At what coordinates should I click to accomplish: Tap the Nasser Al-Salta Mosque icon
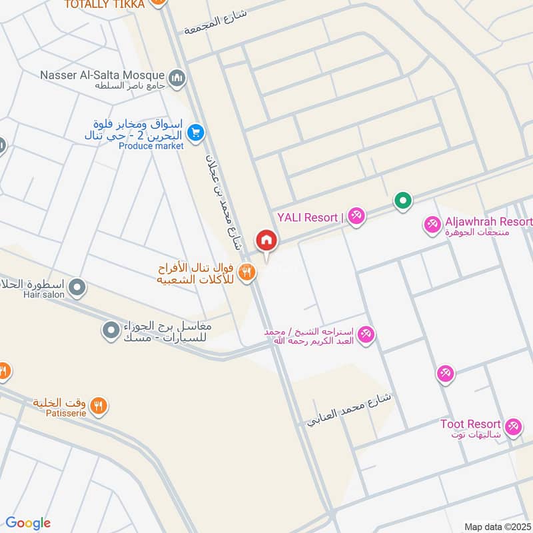[177, 79]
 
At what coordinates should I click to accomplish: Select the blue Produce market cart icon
[195, 133]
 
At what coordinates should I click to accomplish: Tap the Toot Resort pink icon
[512, 427]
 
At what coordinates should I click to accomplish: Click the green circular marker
[402, 199]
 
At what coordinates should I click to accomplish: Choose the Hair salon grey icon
[77, 288]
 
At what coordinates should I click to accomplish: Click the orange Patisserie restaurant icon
[99, 405]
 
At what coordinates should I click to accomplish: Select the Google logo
[28, 523]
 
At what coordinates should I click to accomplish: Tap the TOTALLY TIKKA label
[104, 4]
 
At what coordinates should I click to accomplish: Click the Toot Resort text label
[470, 424]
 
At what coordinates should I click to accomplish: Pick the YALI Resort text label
[308, 217]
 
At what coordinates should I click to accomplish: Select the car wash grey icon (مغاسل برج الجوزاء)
[111, 329]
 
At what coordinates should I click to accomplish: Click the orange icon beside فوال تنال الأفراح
[247, 272]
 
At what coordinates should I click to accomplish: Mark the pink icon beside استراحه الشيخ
[365, 334]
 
